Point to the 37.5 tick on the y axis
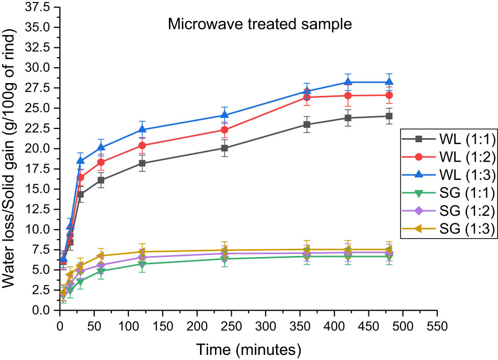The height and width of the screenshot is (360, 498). point(40,8)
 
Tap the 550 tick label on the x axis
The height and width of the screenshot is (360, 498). point(437,325)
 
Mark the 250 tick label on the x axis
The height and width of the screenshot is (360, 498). point(231,325)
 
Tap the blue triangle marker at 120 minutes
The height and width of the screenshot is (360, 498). point(142,130)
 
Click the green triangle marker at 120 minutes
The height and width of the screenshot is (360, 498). point(142,264)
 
